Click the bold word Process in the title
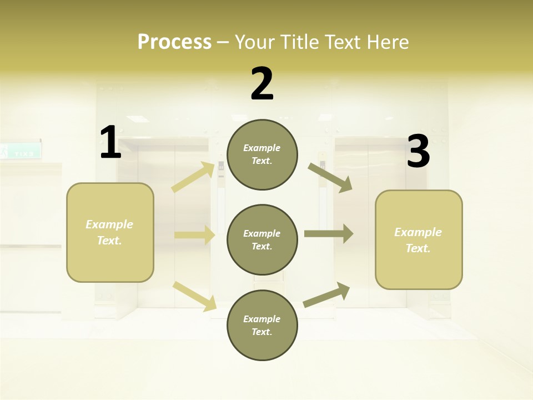174,42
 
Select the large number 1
110,143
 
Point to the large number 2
262,84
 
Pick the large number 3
418,152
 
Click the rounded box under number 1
110,232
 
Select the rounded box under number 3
419,240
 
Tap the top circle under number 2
262,154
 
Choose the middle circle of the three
262,240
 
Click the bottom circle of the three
262,326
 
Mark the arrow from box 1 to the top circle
193,177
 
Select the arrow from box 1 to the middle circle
194,235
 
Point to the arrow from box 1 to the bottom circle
194,296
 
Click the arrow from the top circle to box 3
330,177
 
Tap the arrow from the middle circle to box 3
329,233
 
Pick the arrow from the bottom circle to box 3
326,295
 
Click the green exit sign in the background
21,151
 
